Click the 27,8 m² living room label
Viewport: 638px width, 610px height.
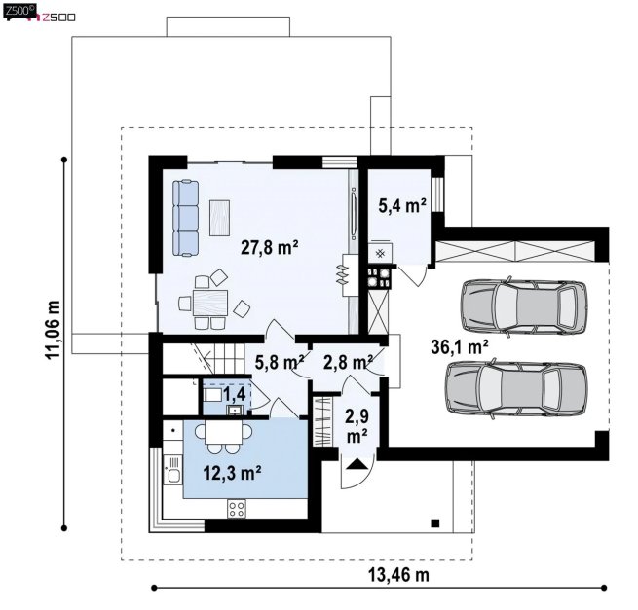(270, 247)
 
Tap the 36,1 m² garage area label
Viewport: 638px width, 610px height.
(460, 347)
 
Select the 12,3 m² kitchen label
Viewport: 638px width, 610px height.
(232, 473)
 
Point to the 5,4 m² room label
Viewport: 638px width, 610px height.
(402, 205)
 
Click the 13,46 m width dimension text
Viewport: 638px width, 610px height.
(398, 575)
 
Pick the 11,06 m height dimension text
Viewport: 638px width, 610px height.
(53, 330)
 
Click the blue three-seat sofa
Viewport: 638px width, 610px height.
(185, 218)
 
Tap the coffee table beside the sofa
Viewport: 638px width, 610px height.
(220, 218)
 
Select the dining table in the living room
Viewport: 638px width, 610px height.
(210, 303)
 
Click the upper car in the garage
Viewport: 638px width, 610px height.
(524, 307)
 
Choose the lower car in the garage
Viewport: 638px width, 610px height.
(516, 389)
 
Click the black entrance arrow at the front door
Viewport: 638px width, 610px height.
(357, 464)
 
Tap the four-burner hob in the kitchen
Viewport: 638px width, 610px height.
(237, 509)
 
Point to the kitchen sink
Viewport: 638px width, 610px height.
(173, 476)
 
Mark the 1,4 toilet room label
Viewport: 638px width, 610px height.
(234, 393)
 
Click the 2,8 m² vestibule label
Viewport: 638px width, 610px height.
(349, 362)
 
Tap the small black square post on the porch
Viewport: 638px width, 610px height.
(435, 523)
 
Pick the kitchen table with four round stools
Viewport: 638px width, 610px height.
(223, 436)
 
